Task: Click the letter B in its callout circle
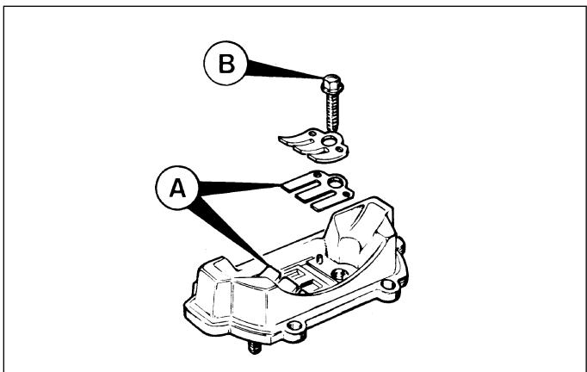226,64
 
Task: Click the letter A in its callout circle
177,188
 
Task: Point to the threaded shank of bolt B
332,112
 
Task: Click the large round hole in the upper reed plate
330,141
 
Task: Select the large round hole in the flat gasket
335,183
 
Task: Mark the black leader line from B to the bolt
285,71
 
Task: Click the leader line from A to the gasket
239,187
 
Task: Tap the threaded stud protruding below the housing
255,348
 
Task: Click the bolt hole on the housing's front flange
294,325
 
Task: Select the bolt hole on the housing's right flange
388,284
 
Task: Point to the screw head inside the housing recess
340,274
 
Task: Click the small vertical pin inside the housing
319,258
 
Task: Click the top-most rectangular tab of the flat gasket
301,186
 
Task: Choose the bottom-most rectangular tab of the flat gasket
329,203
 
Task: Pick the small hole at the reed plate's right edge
339,150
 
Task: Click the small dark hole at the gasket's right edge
347,195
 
